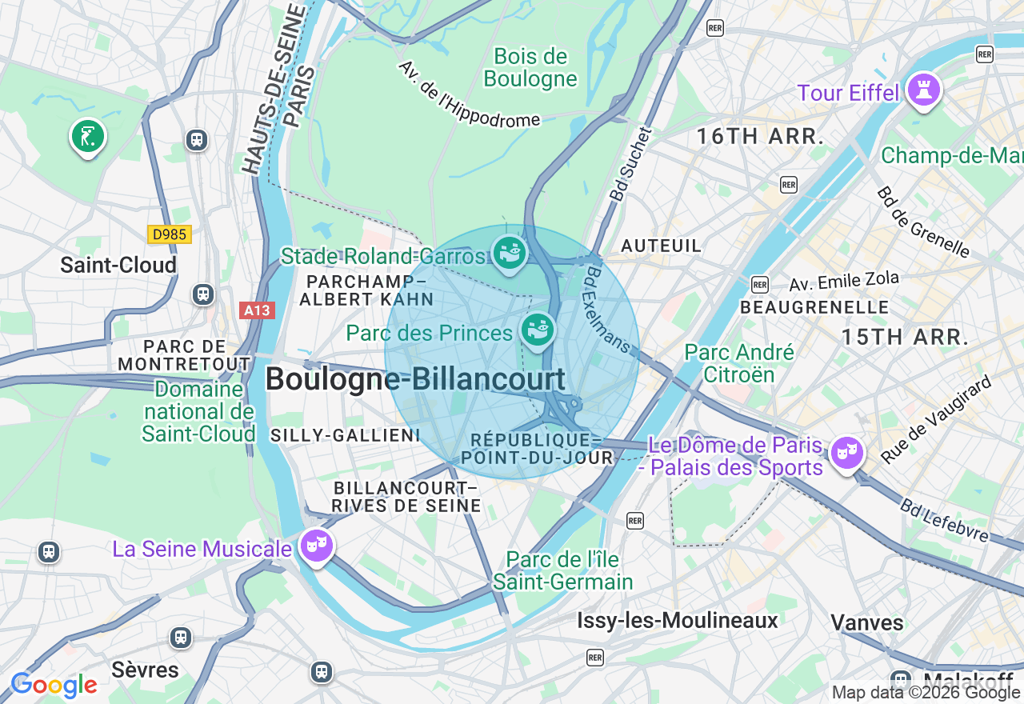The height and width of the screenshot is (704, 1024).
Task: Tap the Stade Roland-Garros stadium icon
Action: tap(509, 253)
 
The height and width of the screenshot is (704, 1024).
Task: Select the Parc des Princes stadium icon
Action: tap(538, 330)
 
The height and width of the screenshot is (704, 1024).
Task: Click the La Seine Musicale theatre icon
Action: tap(316, 546)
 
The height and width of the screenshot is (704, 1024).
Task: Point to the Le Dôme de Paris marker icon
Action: tap(846, 453)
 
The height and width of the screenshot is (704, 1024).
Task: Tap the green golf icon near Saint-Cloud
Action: tap(88, 136)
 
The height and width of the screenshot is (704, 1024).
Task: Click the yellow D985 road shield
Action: tap(169, 234)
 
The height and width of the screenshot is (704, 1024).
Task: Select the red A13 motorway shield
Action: tap(257, 310)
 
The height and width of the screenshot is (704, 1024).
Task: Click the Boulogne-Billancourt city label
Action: tap(415, 378)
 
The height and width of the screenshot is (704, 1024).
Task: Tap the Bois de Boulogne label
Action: tap(530, 67)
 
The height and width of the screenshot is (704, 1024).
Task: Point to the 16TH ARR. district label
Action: tap(759, 136)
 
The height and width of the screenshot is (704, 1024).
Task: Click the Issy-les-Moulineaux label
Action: tap(678, 620)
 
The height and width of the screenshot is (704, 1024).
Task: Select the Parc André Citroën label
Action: tap(739, 363)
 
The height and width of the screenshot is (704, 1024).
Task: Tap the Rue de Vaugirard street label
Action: tap(936, 420)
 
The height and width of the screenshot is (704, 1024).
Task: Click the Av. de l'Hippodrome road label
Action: tap(469, 94)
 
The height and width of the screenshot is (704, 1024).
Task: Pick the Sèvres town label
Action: tap(145, 669)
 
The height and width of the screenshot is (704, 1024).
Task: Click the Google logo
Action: tap(54, 685)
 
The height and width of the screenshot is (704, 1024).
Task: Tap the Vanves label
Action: tap(867, 622)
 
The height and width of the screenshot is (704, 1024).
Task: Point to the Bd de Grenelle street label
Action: tap(922, 222)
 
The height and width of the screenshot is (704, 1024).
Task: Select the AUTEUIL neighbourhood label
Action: tap(661, 245)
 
